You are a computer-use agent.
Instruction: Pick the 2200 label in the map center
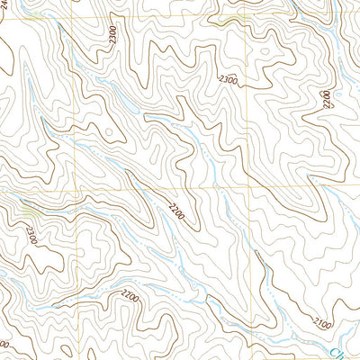pyautogui.click(x=176, y=213)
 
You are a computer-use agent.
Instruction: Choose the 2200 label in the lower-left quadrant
pyautogui.click(x=131, y=294)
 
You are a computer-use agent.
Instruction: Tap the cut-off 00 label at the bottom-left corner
pyautogui.click(x=4, y=346)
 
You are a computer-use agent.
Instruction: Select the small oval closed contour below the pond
pyautogui.click(x=109, y=132)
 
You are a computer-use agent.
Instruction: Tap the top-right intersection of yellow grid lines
pyautogui.click(x=246, y=16)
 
